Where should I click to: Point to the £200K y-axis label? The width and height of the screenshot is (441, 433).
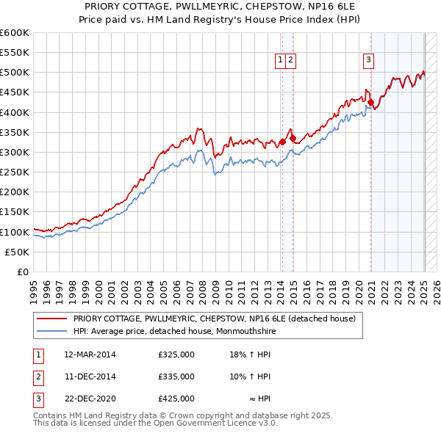pos(15,192)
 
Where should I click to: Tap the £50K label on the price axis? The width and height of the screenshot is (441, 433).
pos(18,252)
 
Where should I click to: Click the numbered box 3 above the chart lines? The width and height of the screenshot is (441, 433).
pos(367,61)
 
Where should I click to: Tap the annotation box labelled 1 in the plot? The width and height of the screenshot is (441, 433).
pos(282,61)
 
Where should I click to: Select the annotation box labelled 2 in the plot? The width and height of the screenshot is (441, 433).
pos(291,61)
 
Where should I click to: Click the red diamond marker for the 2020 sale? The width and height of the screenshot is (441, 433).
pos(371,103)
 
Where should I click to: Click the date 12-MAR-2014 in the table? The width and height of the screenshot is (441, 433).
pos(90,354)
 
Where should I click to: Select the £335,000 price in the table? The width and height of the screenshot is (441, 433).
pos(176,376)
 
